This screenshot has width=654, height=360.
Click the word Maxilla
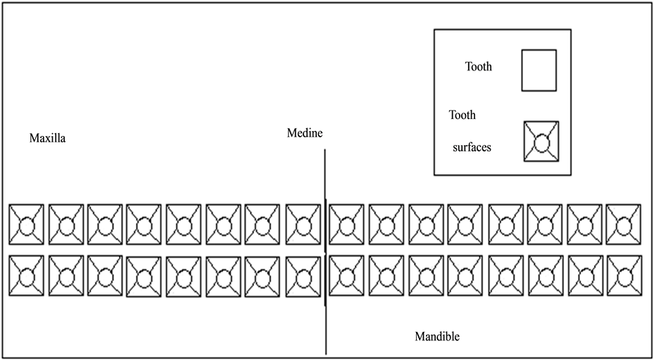click(47, 138)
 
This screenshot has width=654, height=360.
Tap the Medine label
click(305, 132)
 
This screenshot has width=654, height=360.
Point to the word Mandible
click(436, 337)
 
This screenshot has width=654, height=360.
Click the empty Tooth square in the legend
click(539, 70)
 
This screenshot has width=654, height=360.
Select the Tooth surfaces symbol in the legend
click(541, 142)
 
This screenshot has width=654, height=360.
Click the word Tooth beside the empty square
click(478, 67)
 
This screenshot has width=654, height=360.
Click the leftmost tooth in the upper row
click(26, 225)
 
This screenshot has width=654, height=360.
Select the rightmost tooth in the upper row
click(623, 225)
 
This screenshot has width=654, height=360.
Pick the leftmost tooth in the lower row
click(26, 275)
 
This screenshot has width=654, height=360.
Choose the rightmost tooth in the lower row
click(623, 275)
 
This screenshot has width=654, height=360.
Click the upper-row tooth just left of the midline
click(303, 225)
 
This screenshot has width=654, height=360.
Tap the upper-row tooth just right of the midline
click(346, 225)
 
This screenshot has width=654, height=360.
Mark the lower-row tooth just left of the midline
click(303, 275)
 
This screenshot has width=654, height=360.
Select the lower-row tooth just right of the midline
click(346, 275)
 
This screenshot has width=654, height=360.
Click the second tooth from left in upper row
click(66, 225)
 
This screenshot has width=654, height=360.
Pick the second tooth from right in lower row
click(584, 275)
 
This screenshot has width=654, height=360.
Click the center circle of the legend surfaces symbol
click(541, 143)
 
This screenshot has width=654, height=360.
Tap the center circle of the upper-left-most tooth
click(26, 226)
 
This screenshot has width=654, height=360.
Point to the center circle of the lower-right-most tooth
click(623, 276)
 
